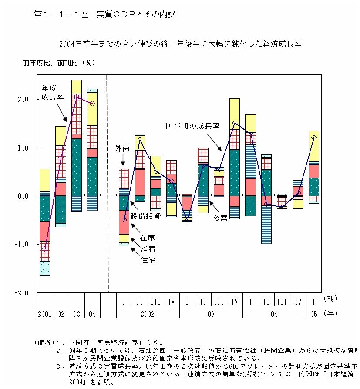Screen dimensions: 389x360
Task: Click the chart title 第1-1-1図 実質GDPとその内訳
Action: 104,15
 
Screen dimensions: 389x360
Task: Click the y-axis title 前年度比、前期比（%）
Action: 59,63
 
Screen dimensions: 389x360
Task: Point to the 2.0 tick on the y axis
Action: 23,100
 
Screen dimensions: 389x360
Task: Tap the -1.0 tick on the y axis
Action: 21,245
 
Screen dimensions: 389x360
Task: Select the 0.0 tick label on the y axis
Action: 23,196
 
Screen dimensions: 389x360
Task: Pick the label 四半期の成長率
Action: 192,126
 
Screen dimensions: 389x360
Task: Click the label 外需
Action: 122,149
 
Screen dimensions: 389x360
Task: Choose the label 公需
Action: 220,218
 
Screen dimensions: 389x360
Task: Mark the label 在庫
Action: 147,238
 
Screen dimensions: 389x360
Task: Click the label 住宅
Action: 147,260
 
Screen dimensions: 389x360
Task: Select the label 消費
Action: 147,249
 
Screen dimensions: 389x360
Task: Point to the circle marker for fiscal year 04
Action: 92,104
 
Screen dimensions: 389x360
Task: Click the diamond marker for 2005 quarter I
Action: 314,138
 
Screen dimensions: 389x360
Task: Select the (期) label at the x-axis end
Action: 331,299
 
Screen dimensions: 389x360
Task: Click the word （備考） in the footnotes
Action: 45,342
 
